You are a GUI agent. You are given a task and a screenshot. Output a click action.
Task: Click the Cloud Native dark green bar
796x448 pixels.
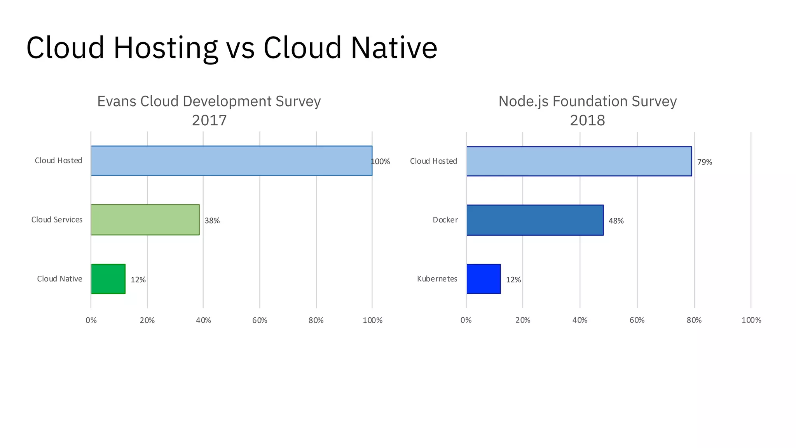(x=108, y=279)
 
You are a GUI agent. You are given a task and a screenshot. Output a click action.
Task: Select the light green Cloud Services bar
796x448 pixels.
(x=145, y=220)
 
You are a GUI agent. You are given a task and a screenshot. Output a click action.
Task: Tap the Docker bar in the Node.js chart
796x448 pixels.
(x=535, y=220)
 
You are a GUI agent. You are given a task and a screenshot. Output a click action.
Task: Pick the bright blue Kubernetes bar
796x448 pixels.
(x=484, y=279)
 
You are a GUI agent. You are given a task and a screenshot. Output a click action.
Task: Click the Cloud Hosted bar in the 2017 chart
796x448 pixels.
(x=231, y=161)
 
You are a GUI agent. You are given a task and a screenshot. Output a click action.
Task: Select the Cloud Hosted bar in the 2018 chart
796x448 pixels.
(x=579, y=161)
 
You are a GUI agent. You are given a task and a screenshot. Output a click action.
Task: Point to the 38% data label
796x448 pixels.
(x=212, y=220)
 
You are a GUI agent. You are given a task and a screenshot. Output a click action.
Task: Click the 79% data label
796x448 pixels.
(x=704, y=162)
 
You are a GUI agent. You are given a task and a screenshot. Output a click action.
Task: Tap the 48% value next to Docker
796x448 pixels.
(x=616, y=221)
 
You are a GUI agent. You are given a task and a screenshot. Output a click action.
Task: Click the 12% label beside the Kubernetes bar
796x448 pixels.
(x=513, y=280)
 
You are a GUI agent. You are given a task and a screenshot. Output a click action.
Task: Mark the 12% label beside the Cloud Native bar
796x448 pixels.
(x=138, y=280)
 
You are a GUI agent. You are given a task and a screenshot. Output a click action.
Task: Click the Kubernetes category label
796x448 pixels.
(x=437, y=279)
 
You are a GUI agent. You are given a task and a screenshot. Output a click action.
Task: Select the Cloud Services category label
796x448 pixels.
(x=57, y=220)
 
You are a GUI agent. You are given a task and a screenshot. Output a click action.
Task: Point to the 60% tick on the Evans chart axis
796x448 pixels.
(x=260, y=320)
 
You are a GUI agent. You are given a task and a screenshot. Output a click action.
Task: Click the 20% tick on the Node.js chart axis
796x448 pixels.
(x=523, y=320)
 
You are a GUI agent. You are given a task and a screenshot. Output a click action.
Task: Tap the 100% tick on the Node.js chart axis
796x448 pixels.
(x=751, y=320)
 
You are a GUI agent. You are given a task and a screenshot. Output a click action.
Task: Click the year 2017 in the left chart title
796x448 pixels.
(x=209, y=120)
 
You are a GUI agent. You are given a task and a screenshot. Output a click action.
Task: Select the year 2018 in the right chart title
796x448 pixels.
(x=587, y=120)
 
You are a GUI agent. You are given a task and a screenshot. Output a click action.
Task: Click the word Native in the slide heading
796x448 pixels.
(x=394, y=47)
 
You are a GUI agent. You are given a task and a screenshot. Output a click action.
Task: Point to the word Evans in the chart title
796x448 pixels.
(x=117, y=101)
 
